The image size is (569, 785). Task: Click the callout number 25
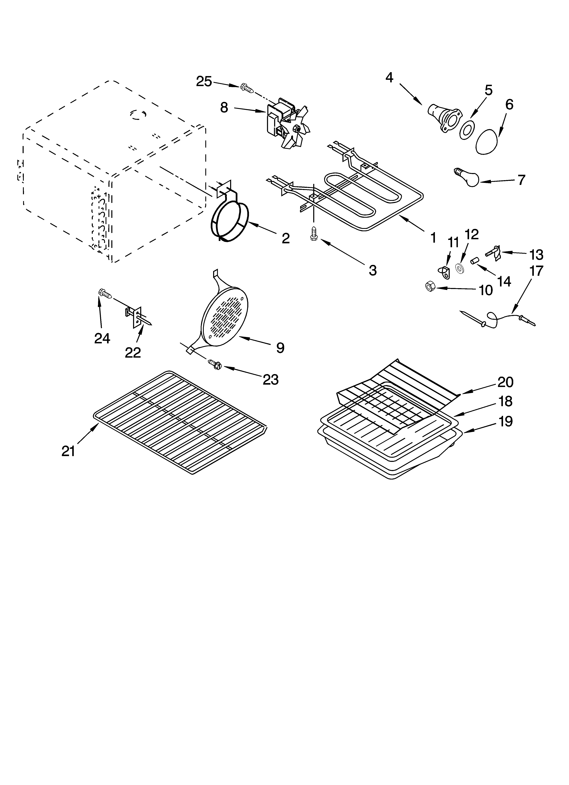[x=204, y=82]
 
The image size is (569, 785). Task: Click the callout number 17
[x=536, y=271]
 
